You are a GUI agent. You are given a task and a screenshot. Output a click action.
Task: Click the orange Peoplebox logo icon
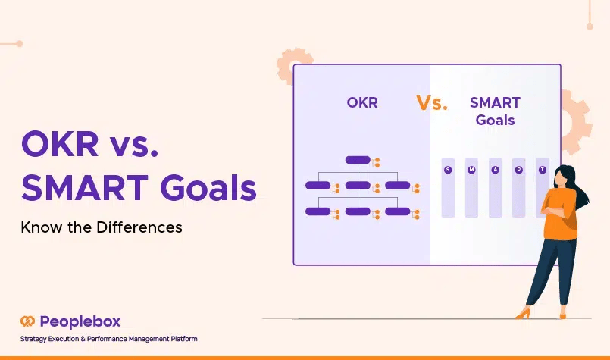(27, 321)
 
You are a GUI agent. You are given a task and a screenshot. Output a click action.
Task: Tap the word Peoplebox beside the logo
(80, 322)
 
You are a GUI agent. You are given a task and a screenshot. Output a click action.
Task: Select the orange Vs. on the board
(432, 103)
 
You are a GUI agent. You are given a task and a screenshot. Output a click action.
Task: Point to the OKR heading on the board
(362, 103)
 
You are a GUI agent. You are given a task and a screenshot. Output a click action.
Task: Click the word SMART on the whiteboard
(495, 103)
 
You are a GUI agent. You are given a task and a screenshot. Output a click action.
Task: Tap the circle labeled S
(448, 170)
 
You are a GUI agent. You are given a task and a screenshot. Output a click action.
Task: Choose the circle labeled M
(471, 170)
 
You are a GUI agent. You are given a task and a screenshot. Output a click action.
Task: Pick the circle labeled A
(496, 170)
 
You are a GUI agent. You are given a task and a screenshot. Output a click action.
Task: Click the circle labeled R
(518, 170)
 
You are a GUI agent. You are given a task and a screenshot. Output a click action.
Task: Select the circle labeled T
(543, 170)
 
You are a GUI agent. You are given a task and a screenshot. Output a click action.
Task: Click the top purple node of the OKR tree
(358, 160)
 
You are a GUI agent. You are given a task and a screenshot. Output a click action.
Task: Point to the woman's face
(560, 179)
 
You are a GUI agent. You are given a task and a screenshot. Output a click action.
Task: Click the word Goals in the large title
(208, 188)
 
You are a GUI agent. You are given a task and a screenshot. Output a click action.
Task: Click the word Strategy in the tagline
(33, 339)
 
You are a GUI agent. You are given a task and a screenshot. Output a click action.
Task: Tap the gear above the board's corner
(292, 64)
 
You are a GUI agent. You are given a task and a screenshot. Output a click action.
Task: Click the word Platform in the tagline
(184, 339)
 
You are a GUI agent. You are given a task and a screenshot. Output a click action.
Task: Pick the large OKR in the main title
(61, 143)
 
